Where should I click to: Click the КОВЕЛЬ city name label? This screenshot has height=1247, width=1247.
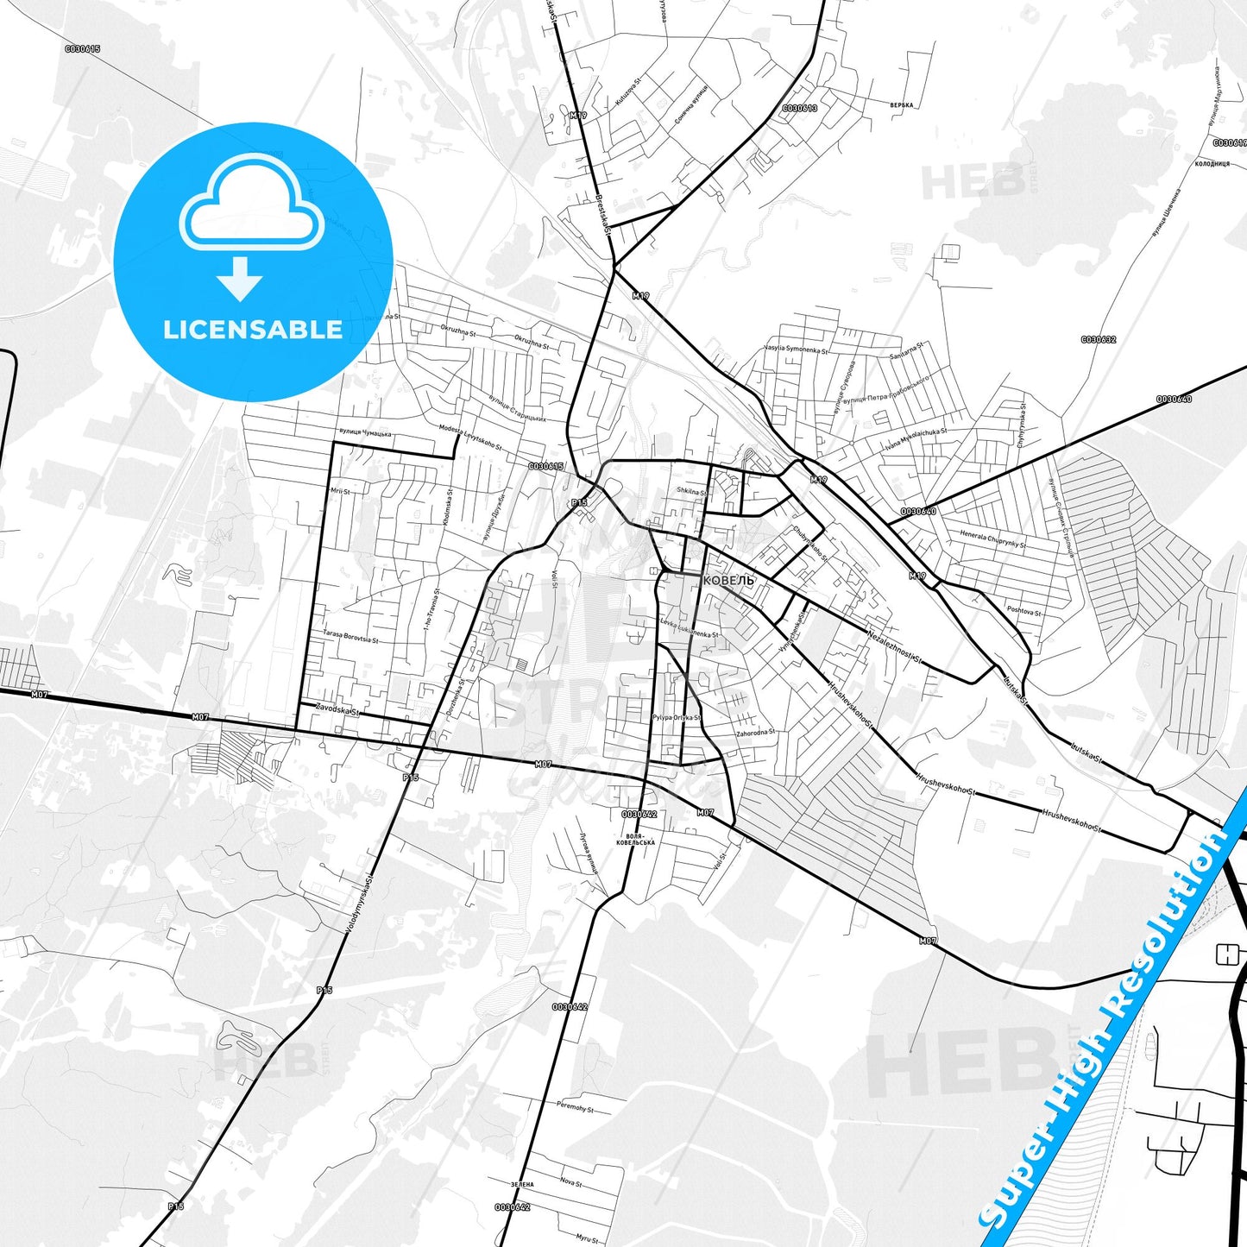coord(728,581)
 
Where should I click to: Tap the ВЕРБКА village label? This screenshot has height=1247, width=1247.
coord(901,105)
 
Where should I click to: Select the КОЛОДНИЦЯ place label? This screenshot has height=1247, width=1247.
coord(1212,163)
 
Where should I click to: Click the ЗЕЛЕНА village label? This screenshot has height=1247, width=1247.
coord(522,1185)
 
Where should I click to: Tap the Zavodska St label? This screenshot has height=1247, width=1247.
coord(337,709)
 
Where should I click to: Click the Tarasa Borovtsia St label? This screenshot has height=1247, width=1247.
coord(350,636)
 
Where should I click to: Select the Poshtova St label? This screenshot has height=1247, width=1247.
coord(1023,610)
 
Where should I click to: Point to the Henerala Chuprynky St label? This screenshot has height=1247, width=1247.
coord(992,538)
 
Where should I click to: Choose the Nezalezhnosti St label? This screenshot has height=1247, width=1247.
coord(895,646)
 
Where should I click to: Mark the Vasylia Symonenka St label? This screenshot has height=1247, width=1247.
coord(795,350)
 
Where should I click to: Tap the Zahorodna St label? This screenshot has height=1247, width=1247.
coord(755,733)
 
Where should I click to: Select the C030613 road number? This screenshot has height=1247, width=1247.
coord(799,109)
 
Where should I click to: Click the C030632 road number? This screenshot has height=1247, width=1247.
coord(1098,340)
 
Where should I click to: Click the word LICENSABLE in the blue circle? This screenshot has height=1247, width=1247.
coord(253,330)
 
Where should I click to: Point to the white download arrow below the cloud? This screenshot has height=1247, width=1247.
coord(240,278)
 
